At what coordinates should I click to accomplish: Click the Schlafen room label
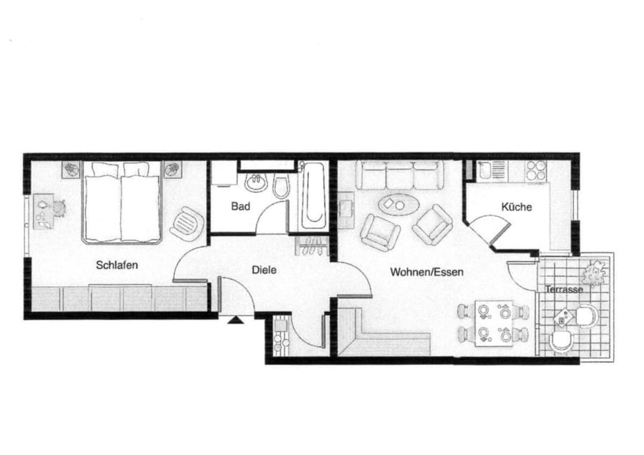(117, 265)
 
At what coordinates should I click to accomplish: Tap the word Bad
(240, 206)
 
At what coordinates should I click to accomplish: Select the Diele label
(263, 270)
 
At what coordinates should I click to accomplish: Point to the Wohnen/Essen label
(426, 272)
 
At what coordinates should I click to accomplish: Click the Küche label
(516, 207)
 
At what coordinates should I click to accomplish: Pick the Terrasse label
(564, 290)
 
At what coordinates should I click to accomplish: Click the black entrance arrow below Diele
(235, 320)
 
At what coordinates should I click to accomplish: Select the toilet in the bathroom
(281, 187)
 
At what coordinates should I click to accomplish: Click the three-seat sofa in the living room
(399, 175)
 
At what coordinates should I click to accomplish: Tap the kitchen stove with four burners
(536, 171)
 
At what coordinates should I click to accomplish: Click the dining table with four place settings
(494, 323)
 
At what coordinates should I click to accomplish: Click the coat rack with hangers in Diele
(312, 246)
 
